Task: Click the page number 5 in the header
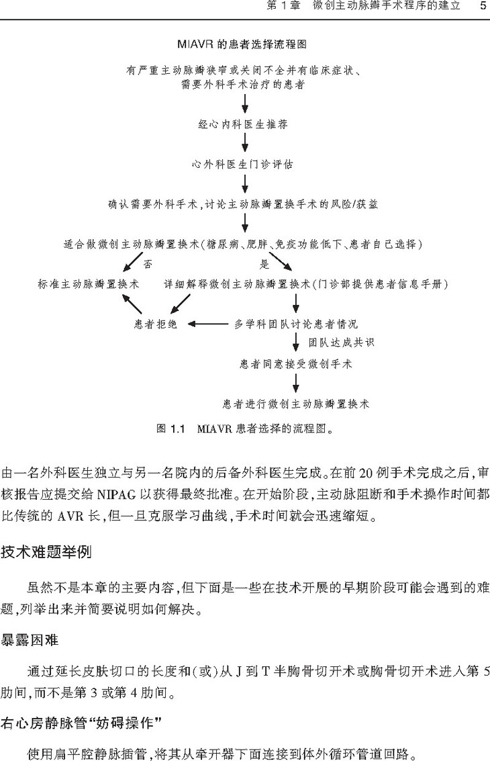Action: point(483,6)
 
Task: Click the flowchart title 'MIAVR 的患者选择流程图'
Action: point(242,44)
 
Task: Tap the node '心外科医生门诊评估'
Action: point(242,164)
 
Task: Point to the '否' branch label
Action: point(147,264)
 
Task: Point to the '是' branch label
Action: point(264,264)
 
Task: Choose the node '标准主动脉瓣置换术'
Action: point(89,284)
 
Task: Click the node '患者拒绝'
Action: point(156,324)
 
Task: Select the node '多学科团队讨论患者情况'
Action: point(296,324)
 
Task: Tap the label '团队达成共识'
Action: point(341,343)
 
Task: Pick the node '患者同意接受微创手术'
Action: point(296,363)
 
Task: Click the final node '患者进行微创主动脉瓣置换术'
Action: point(296,404)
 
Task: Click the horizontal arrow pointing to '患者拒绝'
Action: point(208,324)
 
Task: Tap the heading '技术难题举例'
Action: point(46,552)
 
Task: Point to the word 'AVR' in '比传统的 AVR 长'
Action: point(71,516)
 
